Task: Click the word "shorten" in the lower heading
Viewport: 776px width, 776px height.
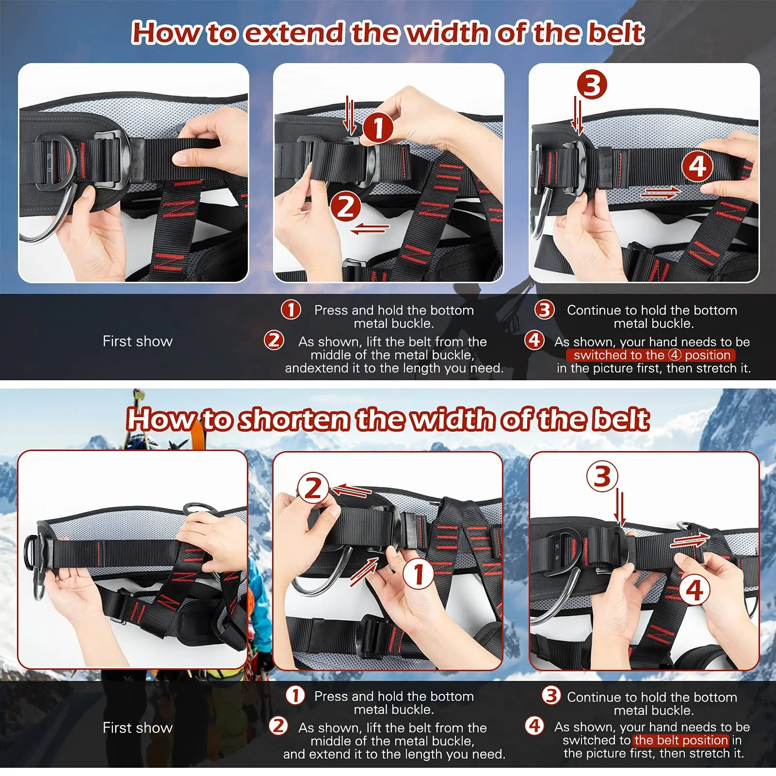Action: pos(294,420)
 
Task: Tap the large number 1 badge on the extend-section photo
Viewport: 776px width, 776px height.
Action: pos(378,128)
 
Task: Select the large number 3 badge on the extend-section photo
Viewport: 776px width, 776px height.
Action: pos(592,85)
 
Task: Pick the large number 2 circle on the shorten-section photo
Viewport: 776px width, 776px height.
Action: pos(313,488)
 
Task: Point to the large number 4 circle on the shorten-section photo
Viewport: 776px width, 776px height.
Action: pos(694,590)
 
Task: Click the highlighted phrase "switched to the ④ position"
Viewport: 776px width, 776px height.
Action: pos(651,355)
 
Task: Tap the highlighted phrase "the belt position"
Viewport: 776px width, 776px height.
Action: pos(681,740)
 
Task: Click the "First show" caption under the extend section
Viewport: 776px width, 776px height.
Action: pos(138,341)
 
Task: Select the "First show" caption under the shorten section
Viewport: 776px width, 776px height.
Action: pos(138,727)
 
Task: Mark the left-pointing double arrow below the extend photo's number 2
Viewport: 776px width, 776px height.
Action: pos(370,228)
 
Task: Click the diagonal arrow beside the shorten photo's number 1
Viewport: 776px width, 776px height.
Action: pos(364,571)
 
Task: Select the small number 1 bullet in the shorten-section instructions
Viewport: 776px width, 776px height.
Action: pos(295,695)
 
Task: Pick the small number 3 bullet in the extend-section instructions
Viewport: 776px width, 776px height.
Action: pos(544,309)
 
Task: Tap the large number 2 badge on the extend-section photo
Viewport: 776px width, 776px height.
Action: pos(345,207)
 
